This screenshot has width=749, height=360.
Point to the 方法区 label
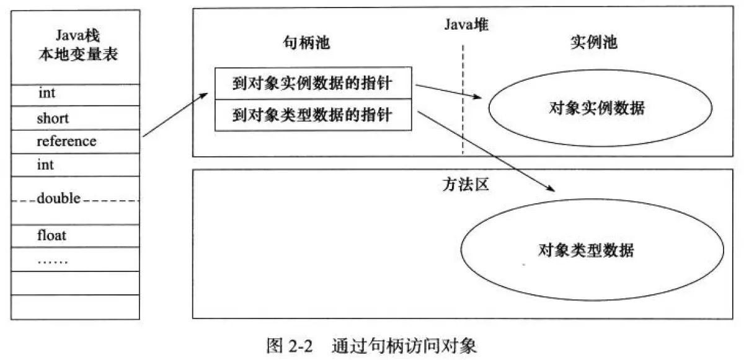460,184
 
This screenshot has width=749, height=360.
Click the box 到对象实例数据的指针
312,84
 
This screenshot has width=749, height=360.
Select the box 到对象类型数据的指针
312,115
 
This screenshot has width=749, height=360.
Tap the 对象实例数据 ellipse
596,108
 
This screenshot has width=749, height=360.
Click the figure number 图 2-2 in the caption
288,345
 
